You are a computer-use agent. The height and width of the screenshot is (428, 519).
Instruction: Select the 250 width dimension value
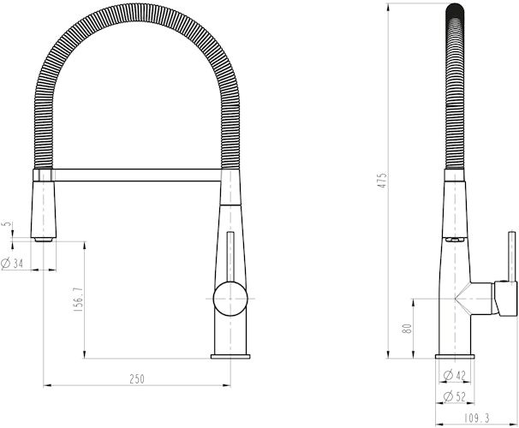(x=138, y=377)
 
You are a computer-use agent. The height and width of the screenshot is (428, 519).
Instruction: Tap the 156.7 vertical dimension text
(x=78, y=299)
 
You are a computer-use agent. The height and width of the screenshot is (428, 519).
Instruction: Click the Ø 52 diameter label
(x=455, y=396)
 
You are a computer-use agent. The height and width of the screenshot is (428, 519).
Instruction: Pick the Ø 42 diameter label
(x=455, y=375)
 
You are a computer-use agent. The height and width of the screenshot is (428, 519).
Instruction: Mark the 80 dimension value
(x=409, y=327)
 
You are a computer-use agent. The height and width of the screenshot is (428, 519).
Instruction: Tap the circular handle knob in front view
(x=229, y=300)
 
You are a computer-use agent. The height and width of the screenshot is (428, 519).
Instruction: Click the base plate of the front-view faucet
(x=230, y=355)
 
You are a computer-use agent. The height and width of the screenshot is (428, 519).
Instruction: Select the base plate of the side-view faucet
(x=455, y=355)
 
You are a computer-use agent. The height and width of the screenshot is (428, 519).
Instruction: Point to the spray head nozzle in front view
(x=42, y=205)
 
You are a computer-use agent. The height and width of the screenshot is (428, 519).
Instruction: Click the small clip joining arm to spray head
(x=49, y=174)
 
